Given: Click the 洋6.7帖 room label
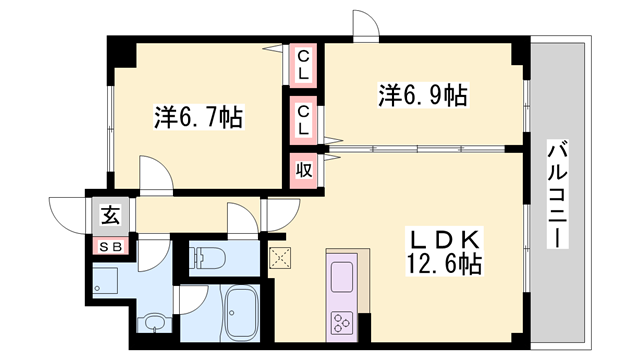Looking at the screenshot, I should point(198,115).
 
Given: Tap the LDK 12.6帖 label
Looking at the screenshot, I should point(444,252).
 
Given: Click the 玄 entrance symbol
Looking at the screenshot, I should point(106,214).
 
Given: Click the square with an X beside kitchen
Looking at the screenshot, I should point(279,256).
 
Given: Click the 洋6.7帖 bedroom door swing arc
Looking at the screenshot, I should point(155,175).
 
